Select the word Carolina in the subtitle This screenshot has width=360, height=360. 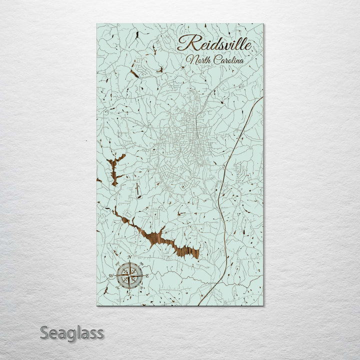pyautogui.click(x=227, y=60)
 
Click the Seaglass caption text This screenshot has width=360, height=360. pyautogui.click(x=72, y=332)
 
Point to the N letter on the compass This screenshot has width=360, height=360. pyautogui.click(x=130, y=257)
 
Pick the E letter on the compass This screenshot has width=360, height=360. pyautogui.click(x=147, y=275)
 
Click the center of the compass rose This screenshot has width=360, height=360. pyautogui.click(x=129, y=275)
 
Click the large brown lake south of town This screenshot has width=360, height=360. pyautogui.click(x=165, y=240)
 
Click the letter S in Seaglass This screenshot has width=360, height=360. pyautogui.click(x=44, y=332)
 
